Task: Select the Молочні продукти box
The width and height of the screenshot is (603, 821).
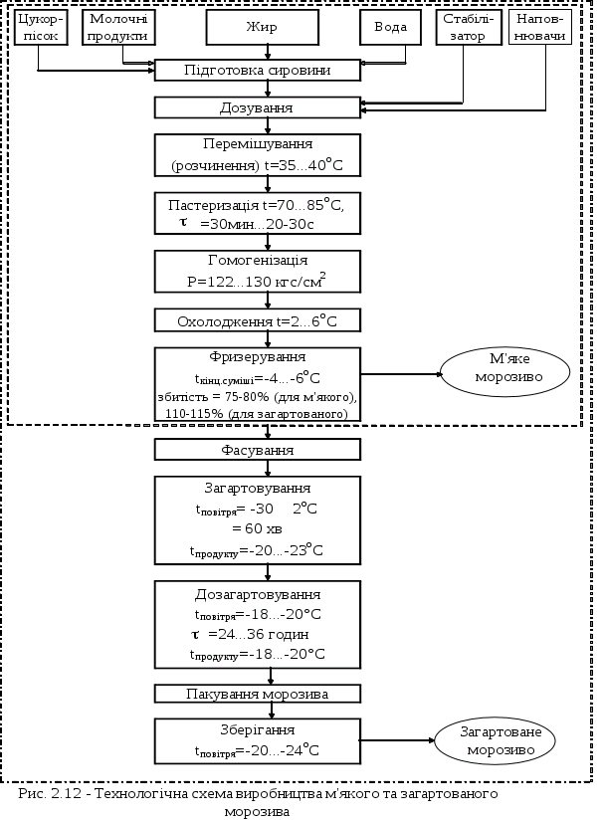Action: pos(117,27)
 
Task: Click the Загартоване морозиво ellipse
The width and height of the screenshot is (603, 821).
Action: pos(494,740)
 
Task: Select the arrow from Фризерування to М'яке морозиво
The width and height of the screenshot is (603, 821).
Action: pos(398,375)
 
